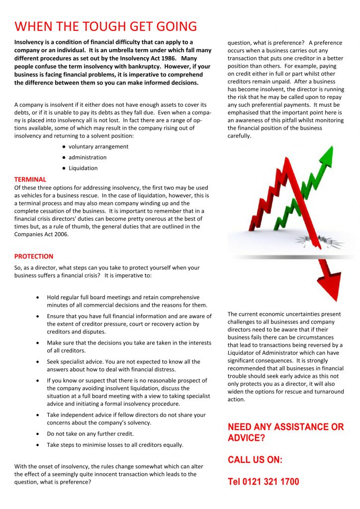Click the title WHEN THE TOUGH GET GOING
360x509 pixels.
[x=105, y=26]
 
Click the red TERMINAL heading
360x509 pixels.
[x=30, y=179]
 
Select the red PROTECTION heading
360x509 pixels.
[x=34, y=256]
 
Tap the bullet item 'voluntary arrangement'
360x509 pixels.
[x=98, y=147]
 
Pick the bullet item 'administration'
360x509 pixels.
[x=87, y=158]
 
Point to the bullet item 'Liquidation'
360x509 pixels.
[x=83, y=168]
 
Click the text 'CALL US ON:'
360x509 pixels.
[x=255, y=460]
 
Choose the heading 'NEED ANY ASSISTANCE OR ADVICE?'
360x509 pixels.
[x=285, y=432]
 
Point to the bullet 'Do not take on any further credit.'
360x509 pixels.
[x=90, y=434]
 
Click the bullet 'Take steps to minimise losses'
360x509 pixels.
[x=115, y=445]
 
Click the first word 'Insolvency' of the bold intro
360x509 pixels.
[x=30, y=42]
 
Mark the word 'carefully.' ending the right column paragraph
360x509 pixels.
[x=240, y=136]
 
